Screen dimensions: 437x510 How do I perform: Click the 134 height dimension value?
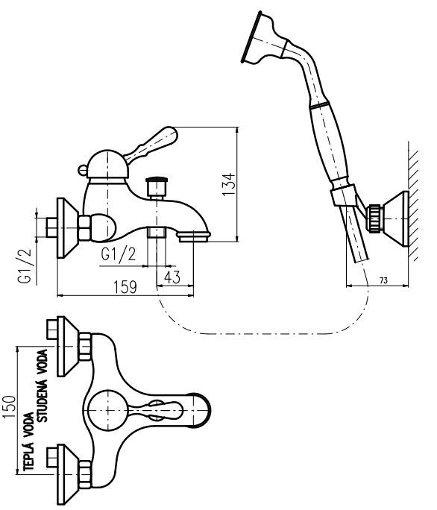point(229,184)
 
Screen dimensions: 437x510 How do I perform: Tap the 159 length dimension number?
point(125,287)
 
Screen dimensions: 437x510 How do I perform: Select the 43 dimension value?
point(172,277)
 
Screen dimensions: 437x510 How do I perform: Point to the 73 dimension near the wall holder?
point(383,280)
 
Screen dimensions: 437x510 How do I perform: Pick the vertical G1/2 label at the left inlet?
point(25,266)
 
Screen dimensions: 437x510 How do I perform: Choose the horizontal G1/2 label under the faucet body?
point(118,254)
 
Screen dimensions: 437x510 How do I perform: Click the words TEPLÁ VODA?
point(29,441)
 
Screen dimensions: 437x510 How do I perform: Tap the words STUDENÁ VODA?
point(43,385)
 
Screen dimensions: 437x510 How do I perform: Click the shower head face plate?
point(251,37)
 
